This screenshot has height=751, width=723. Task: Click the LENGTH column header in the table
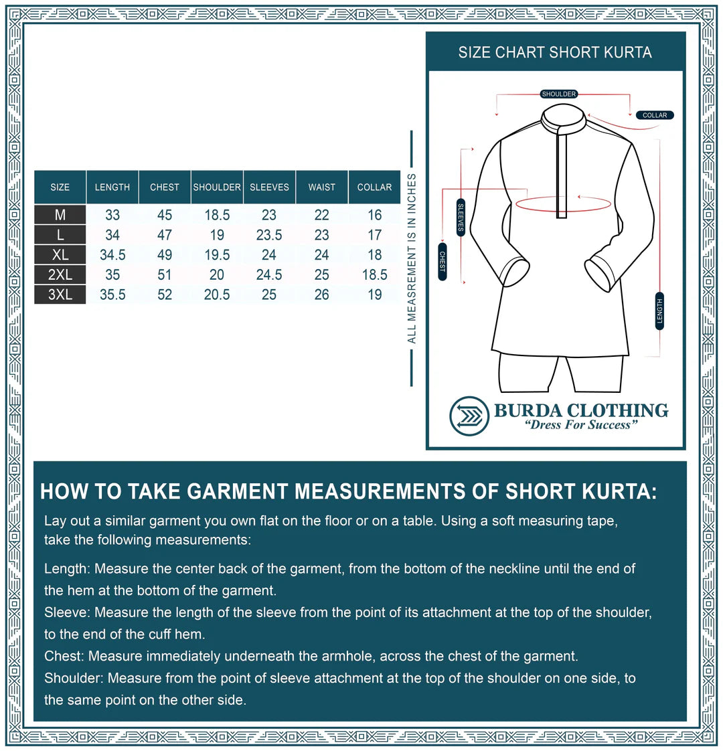(x=112, y=187)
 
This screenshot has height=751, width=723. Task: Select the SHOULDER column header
(x=217, y=187)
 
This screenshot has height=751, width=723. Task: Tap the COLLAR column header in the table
(x=374, y=187)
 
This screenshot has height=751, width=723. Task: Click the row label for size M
(x=60, y=215)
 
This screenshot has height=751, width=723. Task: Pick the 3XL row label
(x=60, y=295)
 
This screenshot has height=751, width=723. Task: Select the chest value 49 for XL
(x=165, y=255)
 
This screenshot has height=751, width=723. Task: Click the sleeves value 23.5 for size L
(x=269, y=235)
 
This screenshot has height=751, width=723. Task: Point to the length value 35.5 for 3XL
(x=112, y=295)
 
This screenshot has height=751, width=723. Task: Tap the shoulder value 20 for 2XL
(x=217, y=275)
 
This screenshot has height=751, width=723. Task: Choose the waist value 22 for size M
(x=322, y=215)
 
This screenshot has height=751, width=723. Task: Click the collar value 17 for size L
(x=374, y=235)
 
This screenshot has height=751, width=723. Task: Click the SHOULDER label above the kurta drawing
(x=559, y=94)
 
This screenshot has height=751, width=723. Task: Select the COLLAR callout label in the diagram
(x=655, y=115)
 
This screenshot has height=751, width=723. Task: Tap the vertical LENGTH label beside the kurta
(x=659, y=311)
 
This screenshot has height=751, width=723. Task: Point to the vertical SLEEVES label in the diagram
(x=461, y=218)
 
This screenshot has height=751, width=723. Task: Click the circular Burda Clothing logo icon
(x=469, y=416)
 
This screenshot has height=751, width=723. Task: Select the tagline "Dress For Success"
(x=580, y=425)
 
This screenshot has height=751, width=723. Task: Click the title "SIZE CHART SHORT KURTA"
(x=555, y=53)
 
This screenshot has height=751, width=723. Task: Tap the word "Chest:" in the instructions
(x=64, y=656)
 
